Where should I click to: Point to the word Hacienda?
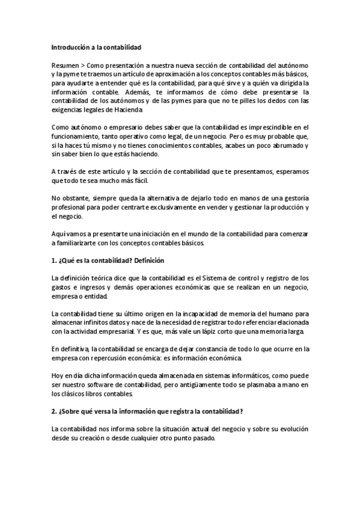(127, 111)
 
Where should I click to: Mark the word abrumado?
(288, 146)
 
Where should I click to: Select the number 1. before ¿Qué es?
(54, 260)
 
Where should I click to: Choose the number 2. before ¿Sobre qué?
(54, 411)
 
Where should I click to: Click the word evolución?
(291, 429)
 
